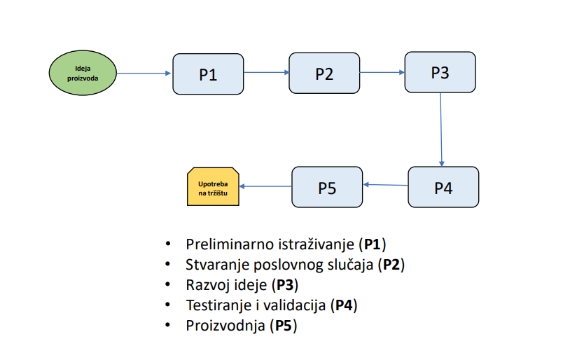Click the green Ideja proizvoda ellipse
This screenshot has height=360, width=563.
(83, 73)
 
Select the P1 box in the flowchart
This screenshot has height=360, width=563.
(208, 74)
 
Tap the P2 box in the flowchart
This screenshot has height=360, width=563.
(324, 74)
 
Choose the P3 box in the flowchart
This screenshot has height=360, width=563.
(440, 72)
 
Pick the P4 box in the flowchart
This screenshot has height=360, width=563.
(443, 187)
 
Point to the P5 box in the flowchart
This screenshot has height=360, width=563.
(327, 187)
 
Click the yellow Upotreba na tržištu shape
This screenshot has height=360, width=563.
(213, 187)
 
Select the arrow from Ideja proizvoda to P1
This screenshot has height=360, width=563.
(144, 74)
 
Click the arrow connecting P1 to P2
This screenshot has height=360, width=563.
(266, 73)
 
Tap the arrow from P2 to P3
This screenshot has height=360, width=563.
(382, 73)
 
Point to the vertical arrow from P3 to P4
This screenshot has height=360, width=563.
(441, 130)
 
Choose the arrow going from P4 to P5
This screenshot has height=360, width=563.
(385, 185)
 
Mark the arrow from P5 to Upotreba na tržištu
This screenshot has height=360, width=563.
(265, 186)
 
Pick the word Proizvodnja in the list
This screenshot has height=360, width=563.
(225, 326)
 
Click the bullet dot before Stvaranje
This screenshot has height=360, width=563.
(167, 264)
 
